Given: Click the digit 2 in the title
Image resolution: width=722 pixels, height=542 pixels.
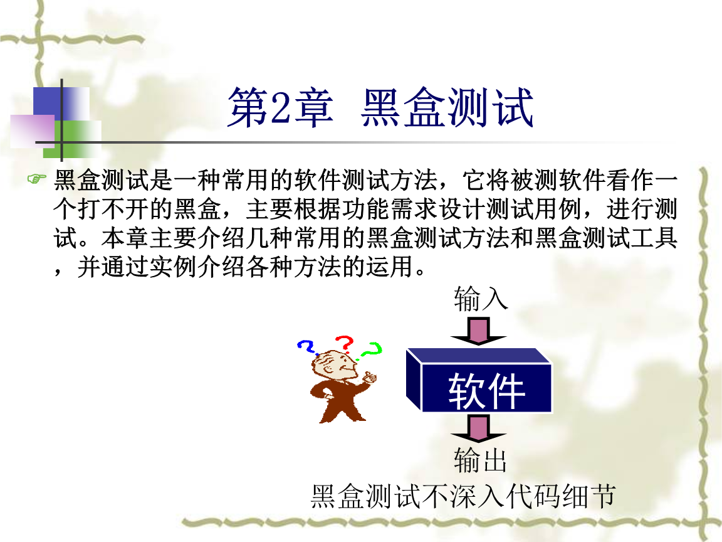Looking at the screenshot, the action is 280,108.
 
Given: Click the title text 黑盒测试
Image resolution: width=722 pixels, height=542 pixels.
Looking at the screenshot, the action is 447,107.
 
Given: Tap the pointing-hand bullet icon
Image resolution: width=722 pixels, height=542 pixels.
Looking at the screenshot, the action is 37,178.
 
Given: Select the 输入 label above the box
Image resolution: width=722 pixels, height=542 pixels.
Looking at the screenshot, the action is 480,299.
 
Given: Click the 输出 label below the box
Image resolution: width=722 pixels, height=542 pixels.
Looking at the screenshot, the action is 480,460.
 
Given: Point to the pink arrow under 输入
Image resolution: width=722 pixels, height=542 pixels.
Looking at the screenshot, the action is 478,331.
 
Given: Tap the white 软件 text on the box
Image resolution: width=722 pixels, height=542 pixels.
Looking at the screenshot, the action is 487,391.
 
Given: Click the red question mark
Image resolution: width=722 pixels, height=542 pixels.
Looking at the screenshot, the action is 345,344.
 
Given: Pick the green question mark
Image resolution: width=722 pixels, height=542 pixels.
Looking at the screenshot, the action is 371,350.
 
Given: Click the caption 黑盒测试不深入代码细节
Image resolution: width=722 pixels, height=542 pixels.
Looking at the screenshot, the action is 463,496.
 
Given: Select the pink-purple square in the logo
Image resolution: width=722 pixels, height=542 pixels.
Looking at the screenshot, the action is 32,131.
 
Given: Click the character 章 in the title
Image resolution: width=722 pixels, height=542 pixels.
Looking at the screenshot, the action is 315,107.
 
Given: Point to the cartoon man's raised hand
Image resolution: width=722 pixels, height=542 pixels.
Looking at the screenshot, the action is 370,378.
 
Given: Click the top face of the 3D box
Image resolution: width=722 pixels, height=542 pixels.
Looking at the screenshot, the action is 479,356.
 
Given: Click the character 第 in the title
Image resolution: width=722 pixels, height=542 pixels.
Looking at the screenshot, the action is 249,107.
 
